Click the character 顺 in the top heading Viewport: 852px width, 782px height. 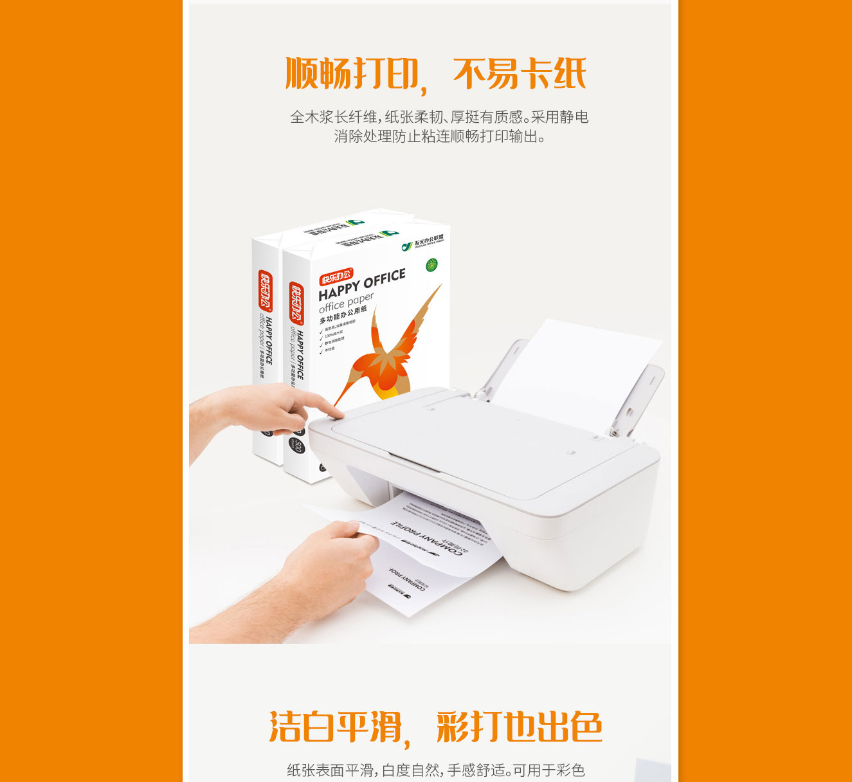click(302, 73)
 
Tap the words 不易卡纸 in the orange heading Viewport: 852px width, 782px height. click(520, 73)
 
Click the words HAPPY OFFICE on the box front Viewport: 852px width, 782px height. click(362, 284)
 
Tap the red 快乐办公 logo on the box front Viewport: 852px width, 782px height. click(336, 277)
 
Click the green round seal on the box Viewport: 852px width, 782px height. click(431, 264)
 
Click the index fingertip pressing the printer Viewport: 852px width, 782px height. click(335, 409)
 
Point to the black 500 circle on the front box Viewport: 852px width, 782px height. click(297, 444)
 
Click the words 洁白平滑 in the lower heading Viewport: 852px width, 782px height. click(335, 727)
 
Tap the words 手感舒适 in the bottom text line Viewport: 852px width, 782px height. click(475, 770)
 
